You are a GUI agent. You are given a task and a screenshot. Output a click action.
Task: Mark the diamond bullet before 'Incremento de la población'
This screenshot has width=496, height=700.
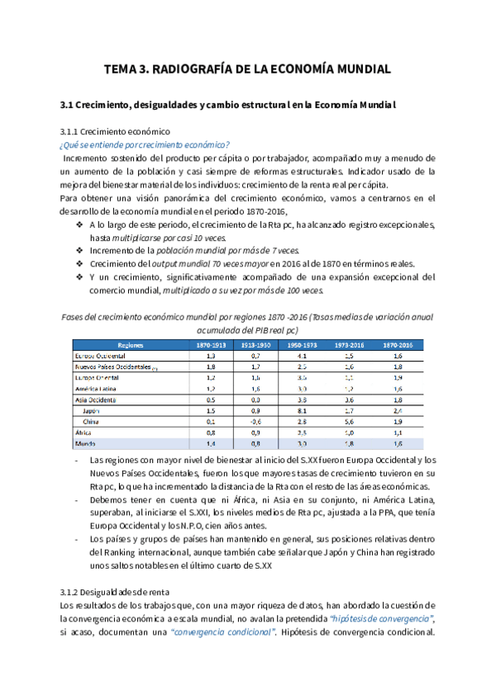tap(79, 250)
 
